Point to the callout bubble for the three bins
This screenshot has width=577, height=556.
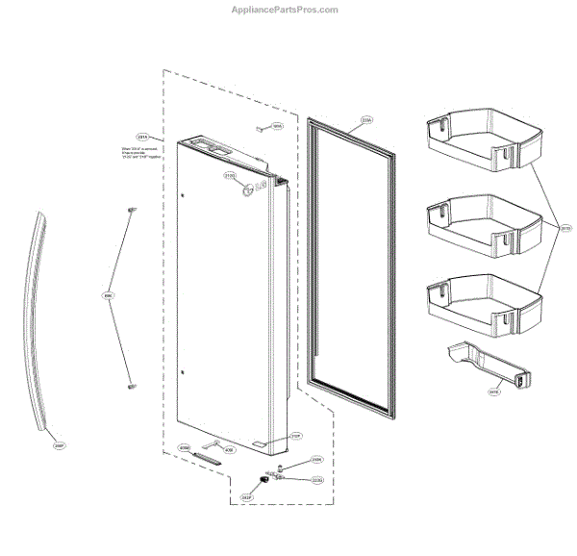click(x=565, y=228)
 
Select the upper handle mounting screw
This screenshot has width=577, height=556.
click(x=132, y=208)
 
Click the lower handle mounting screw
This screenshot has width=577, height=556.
click(x=130, y=384)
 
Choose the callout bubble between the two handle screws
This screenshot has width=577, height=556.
click(x=108, y=296)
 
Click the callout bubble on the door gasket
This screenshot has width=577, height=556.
click(x=366, y=121)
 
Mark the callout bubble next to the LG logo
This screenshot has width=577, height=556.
click(x=230, y=176)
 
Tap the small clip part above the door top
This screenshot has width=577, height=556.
click(x=260, y=125)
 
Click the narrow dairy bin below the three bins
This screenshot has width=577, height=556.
click(x=485, y=367)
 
